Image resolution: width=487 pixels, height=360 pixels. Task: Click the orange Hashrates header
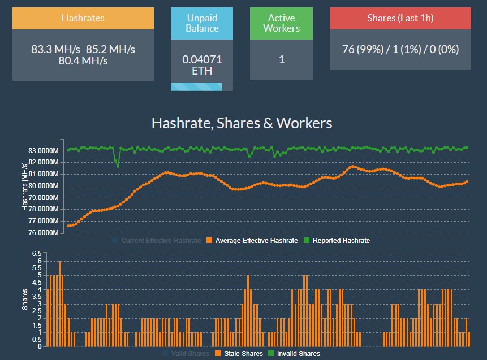pyautogui.click(x=83, y=18)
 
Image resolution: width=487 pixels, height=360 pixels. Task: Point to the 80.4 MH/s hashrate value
pyautogui.click(x=83, y=60)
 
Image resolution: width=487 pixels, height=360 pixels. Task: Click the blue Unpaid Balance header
pyautogui.click(x=202, y=24)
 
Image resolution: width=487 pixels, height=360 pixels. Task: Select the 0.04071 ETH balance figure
pyautogui.click(x=202, y=65)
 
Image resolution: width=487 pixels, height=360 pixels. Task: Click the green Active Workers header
pyautogui.click(x=281, y=24)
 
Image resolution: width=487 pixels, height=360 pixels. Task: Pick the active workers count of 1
pyautogui.click(x=281, y=59)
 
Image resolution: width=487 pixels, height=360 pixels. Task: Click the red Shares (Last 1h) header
pyautogui.click(x=400, y=18)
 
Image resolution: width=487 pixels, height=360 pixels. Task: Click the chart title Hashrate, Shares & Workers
pyautogui.click(x=242, y=123)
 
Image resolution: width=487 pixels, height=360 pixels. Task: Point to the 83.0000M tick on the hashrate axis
pyautogui.click(x=44, y=151)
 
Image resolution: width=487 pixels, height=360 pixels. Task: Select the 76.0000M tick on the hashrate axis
pyautogui.click(x=44, y=233)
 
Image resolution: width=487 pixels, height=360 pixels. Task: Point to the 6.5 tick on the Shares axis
pyautogui.click(x=36, y=254)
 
